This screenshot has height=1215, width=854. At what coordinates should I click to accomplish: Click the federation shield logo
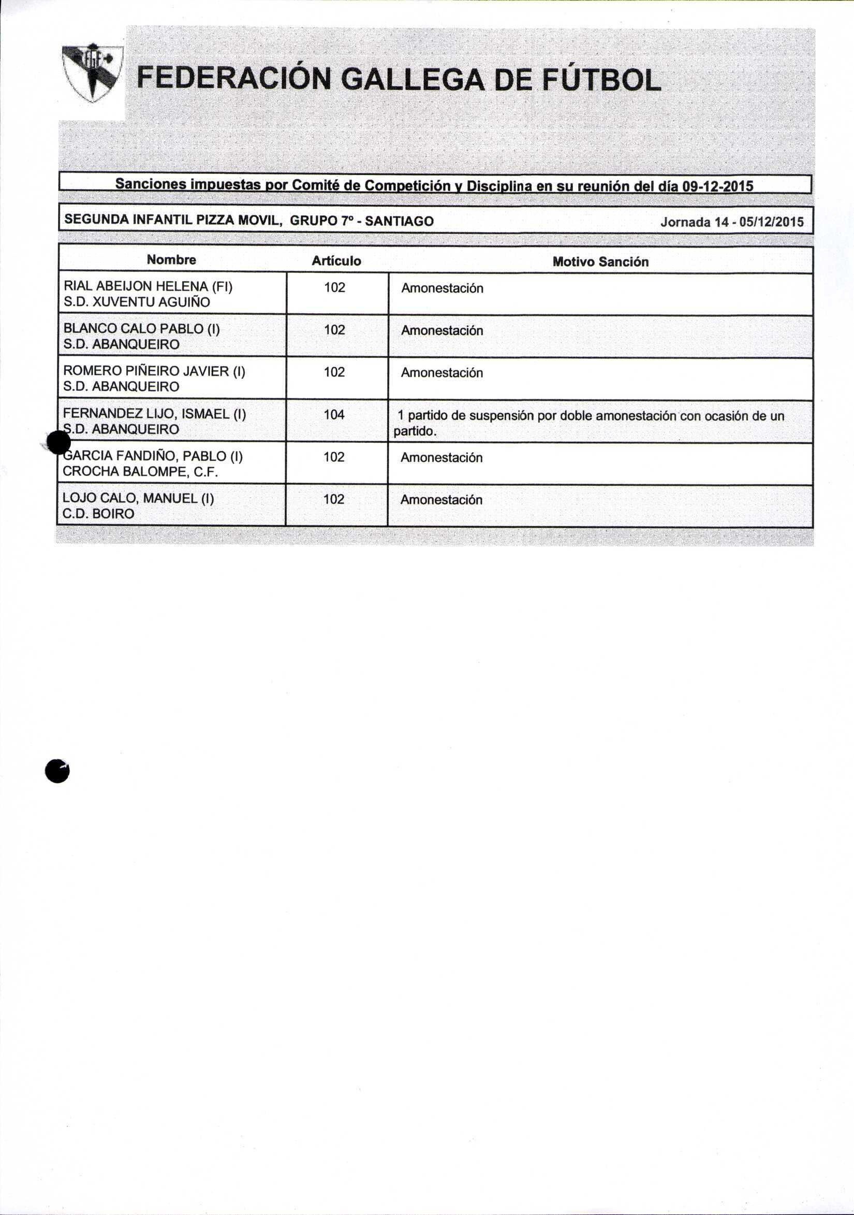tap(92, 73)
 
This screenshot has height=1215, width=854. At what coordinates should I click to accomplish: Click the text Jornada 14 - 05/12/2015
tap(732, 222)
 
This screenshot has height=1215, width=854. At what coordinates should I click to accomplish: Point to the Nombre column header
tap(171, 260)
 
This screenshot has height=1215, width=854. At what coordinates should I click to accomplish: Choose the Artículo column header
tap(336, 261)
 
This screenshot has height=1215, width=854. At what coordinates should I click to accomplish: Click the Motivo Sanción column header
tap(600, 262)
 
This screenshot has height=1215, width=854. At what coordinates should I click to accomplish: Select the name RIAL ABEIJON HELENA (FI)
tap(148, 286)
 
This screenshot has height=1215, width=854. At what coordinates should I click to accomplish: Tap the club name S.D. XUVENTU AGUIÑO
tap(137, 302)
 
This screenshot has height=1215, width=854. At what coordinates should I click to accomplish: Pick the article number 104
tap(334, 415)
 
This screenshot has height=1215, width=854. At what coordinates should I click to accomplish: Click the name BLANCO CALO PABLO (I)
tap(142, 329)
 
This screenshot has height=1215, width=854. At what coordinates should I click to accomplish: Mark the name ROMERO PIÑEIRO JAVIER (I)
tap(154, 371)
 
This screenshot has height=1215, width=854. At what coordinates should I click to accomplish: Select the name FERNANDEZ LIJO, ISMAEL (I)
tap(154, 413)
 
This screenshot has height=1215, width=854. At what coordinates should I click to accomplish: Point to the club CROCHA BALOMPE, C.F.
tap(140, 471)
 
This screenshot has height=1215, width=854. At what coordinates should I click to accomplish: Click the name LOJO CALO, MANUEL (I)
tap(138, 498)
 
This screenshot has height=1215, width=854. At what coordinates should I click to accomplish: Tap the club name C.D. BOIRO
tap(98, 514)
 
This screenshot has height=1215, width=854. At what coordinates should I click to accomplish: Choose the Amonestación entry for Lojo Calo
tap(441, 500)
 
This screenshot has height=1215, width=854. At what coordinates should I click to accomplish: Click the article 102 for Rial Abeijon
tap(335, 288)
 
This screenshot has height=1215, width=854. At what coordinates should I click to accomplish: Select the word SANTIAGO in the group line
tap(399, 221)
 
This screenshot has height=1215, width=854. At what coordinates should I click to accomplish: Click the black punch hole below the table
tap(57, 772)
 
